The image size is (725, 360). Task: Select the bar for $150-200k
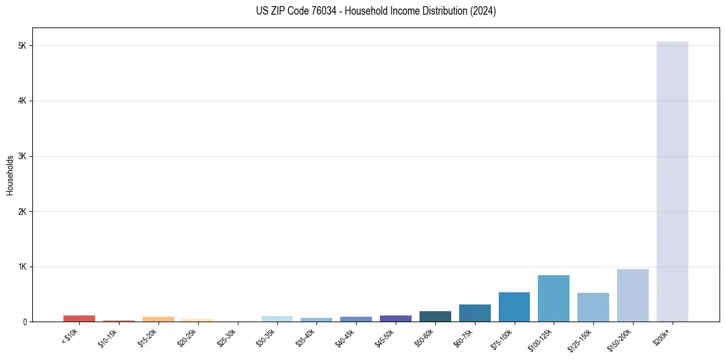pyautogui.click(x=632, y=295)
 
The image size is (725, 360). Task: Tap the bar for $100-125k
pyautogui.click(x=554, y=298)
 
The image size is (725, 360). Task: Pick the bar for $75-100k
pyautogui.click(x=514, y=307)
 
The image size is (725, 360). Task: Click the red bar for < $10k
pyautogui.click(x=79, y=319)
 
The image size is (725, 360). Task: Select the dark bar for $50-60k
pyautogui.click(x=435, y=317)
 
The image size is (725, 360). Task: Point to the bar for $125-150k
pyautogui.click(x=593, y=308)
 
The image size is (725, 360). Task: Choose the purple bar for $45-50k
pyautogui.click(x=395, y=319)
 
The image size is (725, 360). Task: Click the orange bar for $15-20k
pyautogui.click(x=158, y=319)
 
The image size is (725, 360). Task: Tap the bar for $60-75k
pyautogui.click(x=474, y=313)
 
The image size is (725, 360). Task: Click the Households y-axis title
pyautogui.click(x=10, y=175)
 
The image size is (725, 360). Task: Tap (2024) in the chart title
pyautogui.click(x=483, y=11)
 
